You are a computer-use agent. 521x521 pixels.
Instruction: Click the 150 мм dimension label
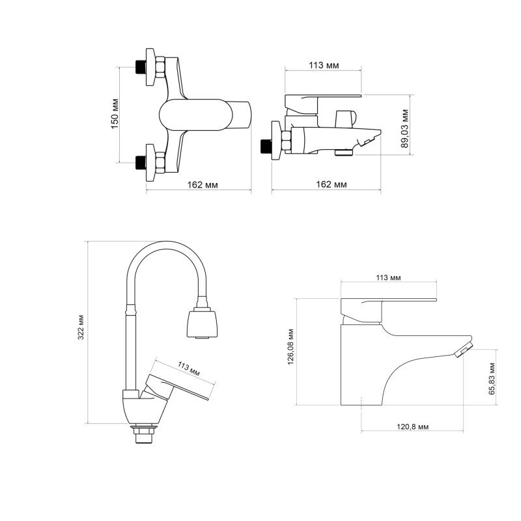115,113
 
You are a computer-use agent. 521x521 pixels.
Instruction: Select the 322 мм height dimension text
81,331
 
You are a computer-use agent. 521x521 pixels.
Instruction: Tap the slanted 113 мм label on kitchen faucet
188,369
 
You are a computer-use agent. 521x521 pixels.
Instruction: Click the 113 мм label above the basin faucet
389,277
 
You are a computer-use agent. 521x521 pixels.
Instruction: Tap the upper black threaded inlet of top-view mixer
139,66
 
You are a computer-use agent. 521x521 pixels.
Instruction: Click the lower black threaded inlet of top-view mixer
139,161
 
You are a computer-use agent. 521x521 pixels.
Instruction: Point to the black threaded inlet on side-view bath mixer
265,146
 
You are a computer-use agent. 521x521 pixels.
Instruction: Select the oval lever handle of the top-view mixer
195,116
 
